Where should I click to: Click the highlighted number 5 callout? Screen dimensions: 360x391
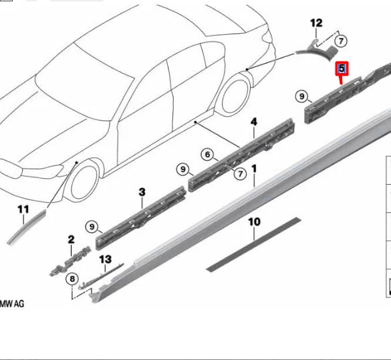(x=342, y=68)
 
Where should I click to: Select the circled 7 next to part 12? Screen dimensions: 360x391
(x=342, y=41)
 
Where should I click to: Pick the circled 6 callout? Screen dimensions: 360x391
(x=209, y=155)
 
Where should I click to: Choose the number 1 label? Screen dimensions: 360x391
(x=255, y=161)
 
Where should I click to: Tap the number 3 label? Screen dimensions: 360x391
(x=142, y=192)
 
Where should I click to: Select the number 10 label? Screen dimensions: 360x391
(x=254, y=221)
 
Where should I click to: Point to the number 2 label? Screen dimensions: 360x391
(x=71, y=239)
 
